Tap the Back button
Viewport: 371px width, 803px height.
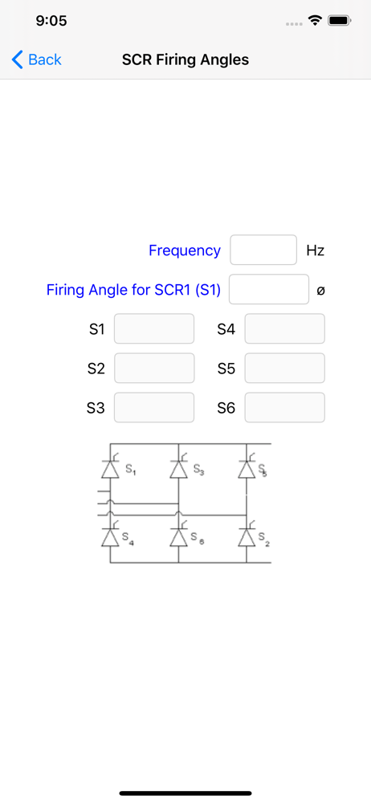tap(36, 60)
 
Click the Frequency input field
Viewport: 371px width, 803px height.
tap(263, 250)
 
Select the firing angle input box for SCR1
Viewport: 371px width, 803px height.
tap(269, 289)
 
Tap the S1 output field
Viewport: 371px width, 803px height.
tap(154, 328)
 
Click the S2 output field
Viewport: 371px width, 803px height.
tap(154, 369)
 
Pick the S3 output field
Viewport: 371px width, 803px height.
tap(154, 408)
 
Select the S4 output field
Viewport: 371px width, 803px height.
tap(285, 328)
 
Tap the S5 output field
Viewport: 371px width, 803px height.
tap(285, 369)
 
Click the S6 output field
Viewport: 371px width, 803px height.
tap(285, 408)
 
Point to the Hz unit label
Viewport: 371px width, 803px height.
tap(316, 251)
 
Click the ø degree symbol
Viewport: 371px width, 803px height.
tap(320, 291)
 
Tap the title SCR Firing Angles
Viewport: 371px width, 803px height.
tap(185, 60)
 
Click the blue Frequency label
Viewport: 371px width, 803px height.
tap(185, 251)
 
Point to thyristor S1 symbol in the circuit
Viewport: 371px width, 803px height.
tap(110, 467)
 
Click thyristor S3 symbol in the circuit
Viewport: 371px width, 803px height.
tap(178, 467)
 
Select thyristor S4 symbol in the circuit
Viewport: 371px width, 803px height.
tap(110, 536)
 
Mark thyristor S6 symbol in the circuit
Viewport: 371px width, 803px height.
tap(178, 536)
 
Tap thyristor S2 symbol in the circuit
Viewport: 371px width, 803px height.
tap(247, 536)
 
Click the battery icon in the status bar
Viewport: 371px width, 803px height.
tap(339, 21)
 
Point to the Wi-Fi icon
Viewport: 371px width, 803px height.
tap(314, 21)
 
